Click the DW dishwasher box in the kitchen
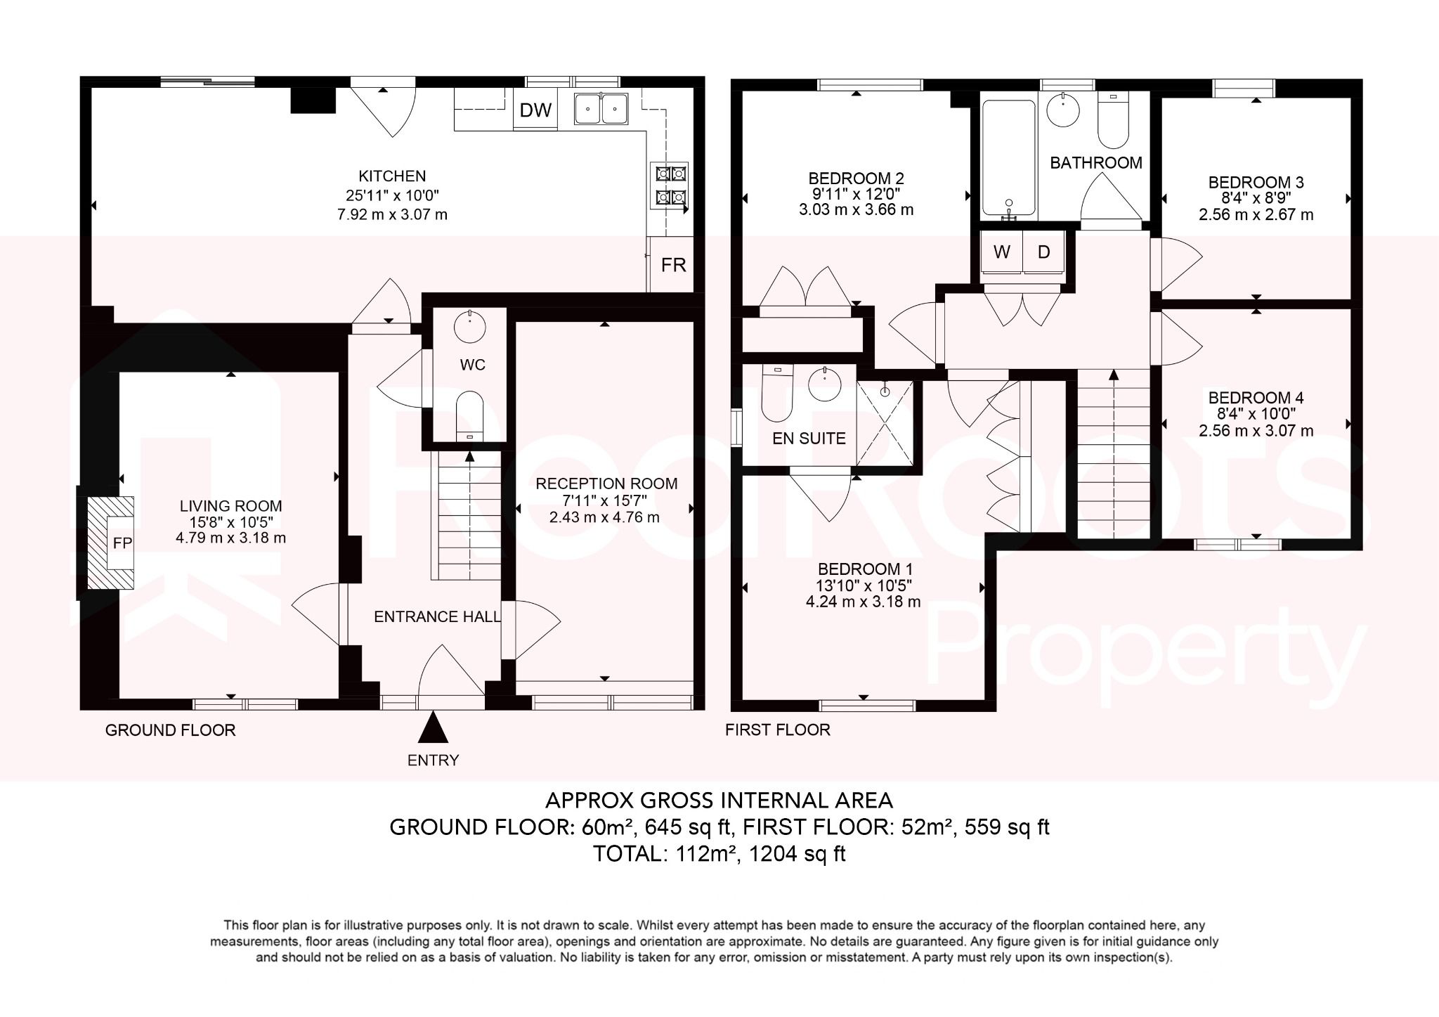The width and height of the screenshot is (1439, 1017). pos(535,110)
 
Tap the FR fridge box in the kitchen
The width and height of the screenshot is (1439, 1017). pos(673,265)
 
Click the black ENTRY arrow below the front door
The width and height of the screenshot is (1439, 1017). pos(433,727)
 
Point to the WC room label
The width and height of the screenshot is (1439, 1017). pos(472,365)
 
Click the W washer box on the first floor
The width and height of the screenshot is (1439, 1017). pos(1002,252)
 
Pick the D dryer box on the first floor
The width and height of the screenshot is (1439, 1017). pos(1044,252)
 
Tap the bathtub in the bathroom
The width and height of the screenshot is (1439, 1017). pos(1008,158)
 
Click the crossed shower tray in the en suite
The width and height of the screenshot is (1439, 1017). pos(885,424)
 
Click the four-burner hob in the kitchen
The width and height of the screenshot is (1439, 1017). pos(670,185)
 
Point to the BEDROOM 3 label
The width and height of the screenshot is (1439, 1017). pos(1256,183)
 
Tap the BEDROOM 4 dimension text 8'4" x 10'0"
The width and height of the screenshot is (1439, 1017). pos(1256,415)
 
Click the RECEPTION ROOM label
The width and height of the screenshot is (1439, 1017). pos(606,484)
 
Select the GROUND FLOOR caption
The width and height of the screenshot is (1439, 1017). pos(170,730)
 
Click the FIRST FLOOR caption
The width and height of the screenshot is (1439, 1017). pos(777,730)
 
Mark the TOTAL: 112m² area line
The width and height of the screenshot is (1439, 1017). pos(719,854)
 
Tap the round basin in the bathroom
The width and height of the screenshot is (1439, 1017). pos(1063,110)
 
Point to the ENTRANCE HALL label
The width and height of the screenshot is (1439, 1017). pos(437,617)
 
